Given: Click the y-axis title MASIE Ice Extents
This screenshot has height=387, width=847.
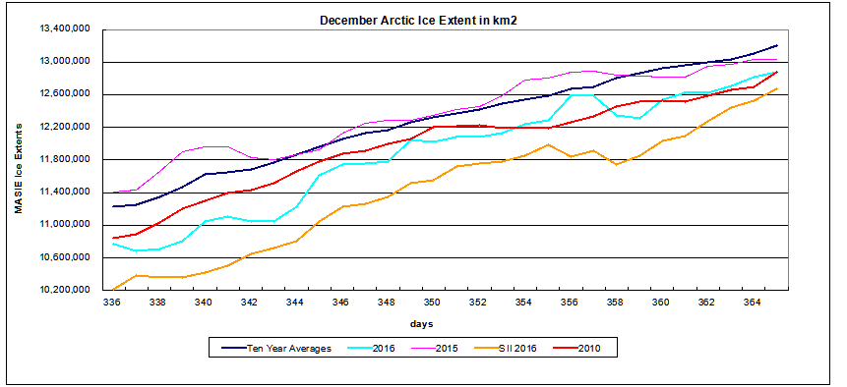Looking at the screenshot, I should (x=19, y=160).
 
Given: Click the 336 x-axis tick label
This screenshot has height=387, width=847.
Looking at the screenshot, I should (x=113, y=303).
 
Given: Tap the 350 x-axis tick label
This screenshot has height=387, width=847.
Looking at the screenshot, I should (x=432, y=303).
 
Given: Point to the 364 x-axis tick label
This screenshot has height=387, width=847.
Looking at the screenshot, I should (x=753, y=303).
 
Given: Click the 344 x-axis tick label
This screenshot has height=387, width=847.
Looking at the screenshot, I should (x=295, y=303).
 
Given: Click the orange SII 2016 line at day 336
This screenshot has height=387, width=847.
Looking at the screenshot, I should (x=114, y=289).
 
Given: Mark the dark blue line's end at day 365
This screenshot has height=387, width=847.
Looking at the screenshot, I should (x=776, y=45).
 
